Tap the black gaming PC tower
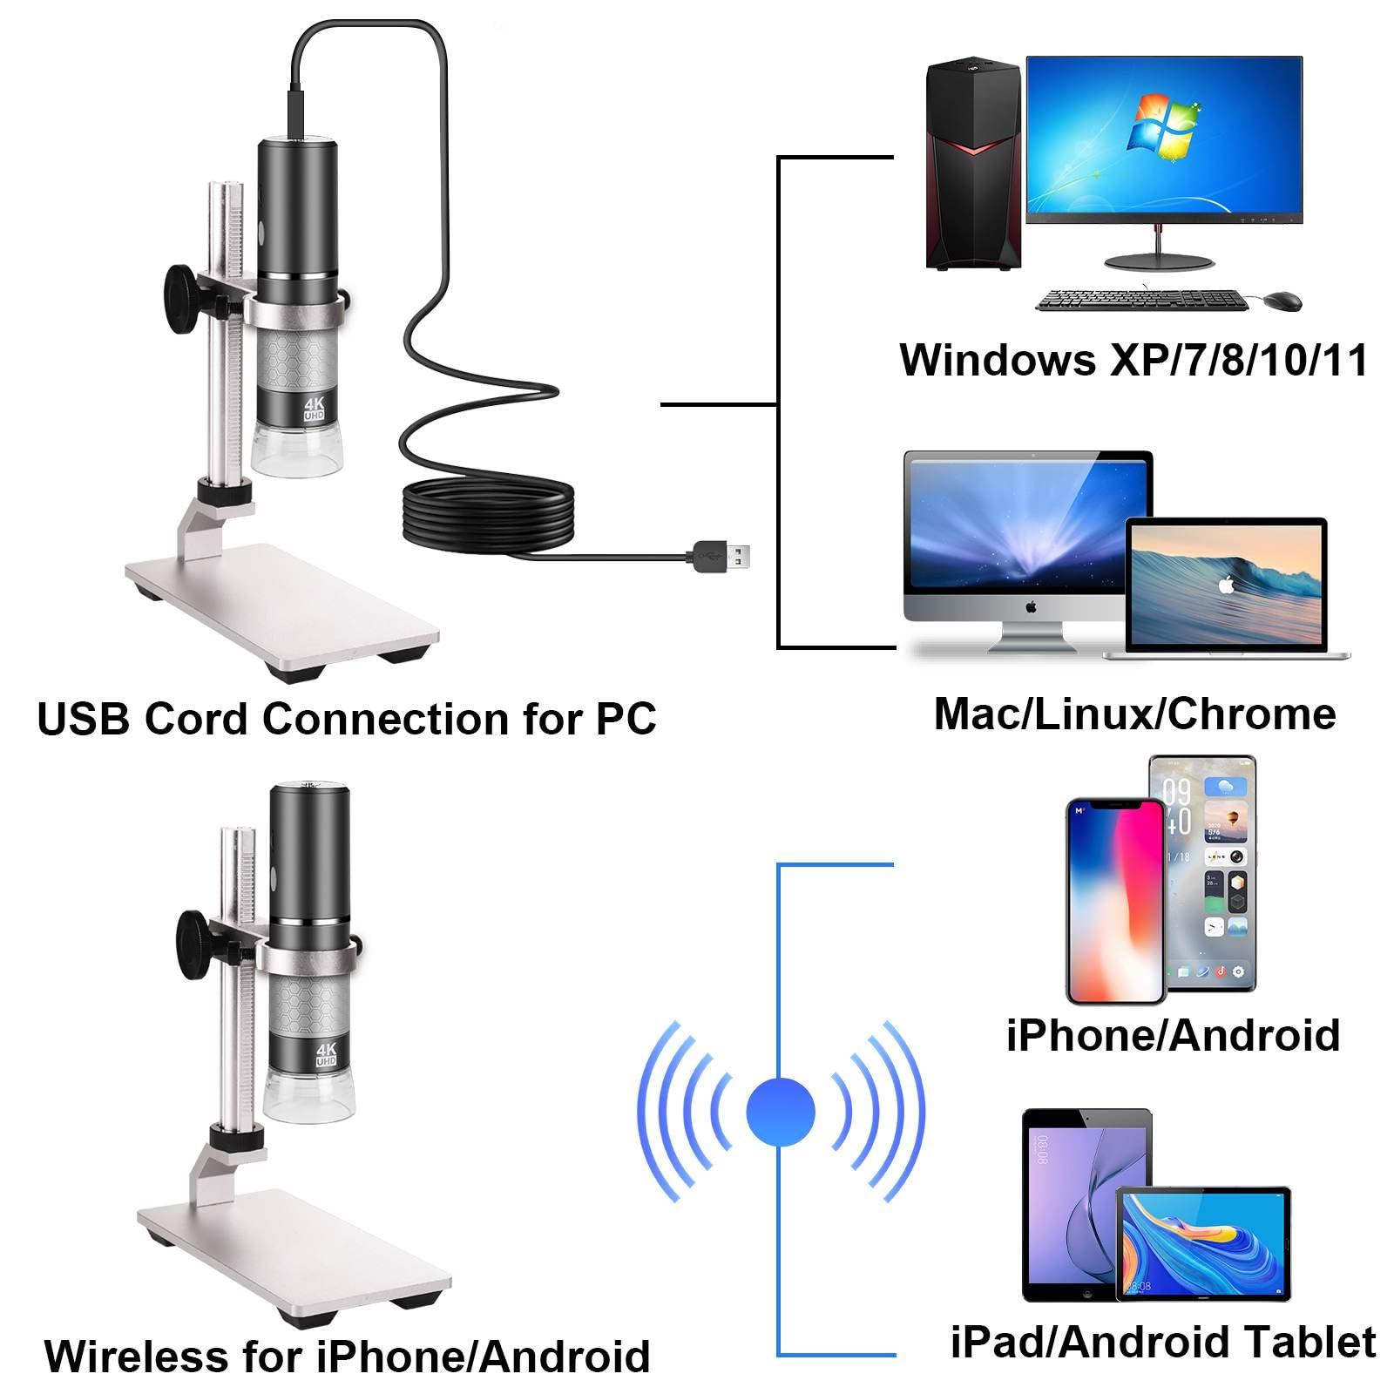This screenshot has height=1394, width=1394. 972,166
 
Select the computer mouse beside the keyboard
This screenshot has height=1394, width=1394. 1282,301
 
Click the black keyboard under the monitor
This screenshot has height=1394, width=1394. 1141,300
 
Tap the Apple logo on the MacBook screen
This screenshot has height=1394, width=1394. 1227,585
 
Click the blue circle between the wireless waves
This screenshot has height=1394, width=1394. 780,1112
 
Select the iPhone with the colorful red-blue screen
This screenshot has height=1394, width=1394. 1115,902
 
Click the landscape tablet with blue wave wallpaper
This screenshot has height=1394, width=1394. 1202,1244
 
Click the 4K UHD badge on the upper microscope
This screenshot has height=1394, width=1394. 314,409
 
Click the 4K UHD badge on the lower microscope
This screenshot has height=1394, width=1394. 326,1054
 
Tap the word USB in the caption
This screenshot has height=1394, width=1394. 84,720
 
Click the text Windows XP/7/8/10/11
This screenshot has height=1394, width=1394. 1133,360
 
